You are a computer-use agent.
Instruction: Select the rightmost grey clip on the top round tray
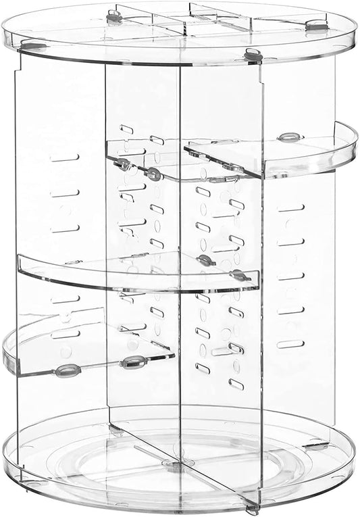313,26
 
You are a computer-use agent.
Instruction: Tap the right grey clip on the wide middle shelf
239,275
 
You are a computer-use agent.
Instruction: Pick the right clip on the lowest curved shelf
132,362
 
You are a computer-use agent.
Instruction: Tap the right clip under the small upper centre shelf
154,174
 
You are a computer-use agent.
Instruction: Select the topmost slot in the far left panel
64,157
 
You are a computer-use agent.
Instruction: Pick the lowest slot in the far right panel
290,343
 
